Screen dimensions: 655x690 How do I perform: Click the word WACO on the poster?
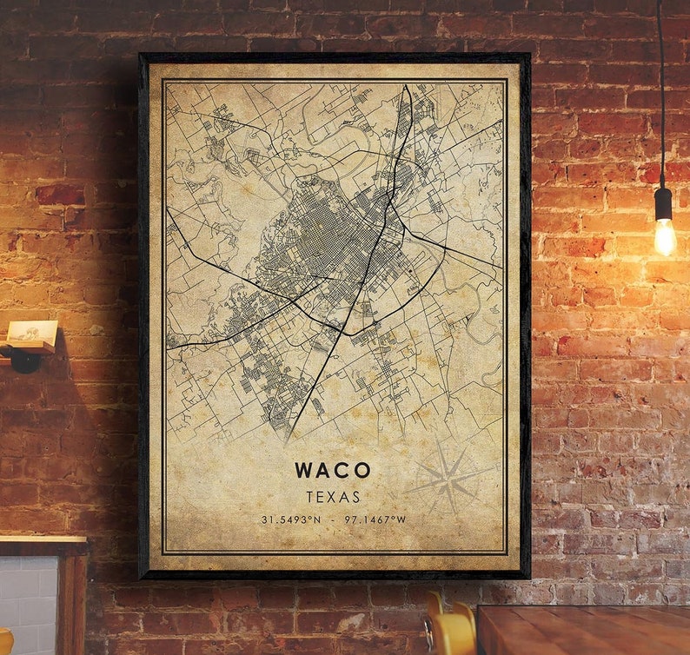tap(333, 471)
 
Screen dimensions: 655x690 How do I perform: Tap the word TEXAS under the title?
tap(333, 497)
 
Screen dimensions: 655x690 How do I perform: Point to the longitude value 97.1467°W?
tap(375, 519)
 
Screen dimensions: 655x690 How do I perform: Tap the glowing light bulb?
tap(665, 236)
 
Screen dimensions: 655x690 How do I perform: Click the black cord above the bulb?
tap(660, 87)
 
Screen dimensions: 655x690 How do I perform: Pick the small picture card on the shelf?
tap(32, 331)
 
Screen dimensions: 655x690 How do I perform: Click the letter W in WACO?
tap(304, 471)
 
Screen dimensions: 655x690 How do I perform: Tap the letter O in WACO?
tap(362, 471)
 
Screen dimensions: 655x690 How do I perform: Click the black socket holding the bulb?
tap(664, 204)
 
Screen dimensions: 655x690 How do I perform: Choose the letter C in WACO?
tap(343, 471)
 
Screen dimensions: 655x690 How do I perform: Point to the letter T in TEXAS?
tap(309, 497)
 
